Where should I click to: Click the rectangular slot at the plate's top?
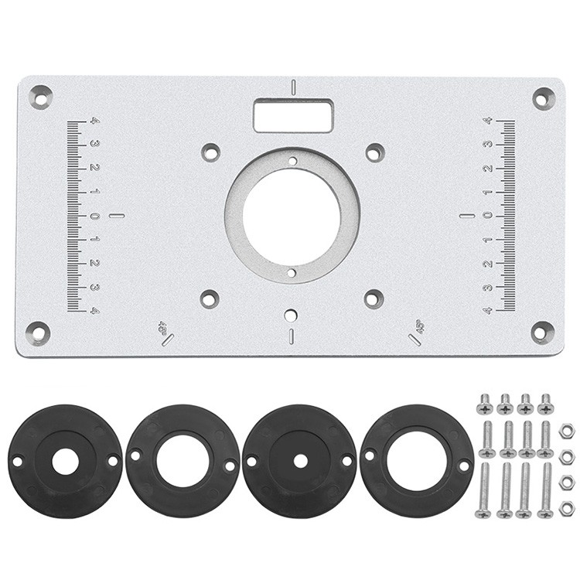[293, 115]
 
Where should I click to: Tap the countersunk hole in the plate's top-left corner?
[41, 97]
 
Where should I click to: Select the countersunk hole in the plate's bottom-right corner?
[543, 333]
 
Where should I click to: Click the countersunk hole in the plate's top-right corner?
[544, 99]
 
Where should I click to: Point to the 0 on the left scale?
[94, 216]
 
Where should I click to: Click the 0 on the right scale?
[488, 216]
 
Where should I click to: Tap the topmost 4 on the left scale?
[95, 121]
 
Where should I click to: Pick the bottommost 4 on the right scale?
[488, 310]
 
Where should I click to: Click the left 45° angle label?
[162, 327]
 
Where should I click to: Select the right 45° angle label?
[421, 326]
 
